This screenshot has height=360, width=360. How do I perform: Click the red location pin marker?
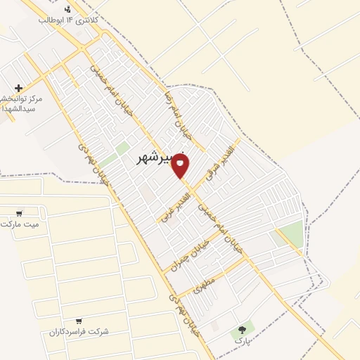click(180, 166)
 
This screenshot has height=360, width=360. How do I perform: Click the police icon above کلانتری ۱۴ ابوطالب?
click(67, 9)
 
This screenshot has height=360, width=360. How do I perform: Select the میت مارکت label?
click(18, 224)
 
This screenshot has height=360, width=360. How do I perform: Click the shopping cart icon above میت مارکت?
click(19, 213)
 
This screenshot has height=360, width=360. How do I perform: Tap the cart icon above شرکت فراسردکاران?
click(78, 321)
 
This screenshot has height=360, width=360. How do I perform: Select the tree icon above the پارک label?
click(243, 328)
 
